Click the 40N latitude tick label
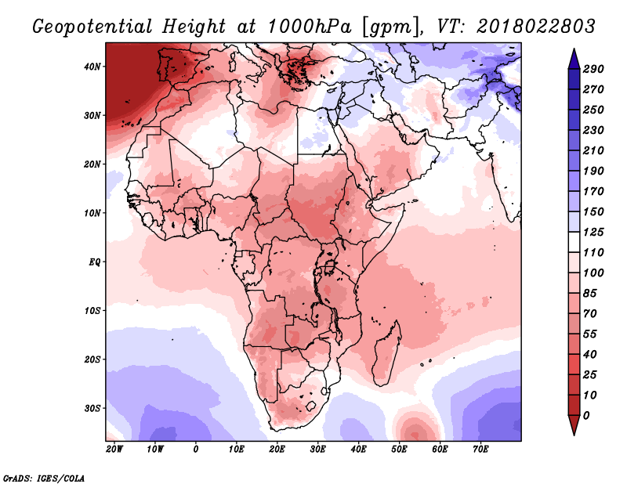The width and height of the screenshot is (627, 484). coord(92,67)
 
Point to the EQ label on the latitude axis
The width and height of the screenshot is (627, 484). coord(95,262)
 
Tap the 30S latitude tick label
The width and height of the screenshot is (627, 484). coord(92,408)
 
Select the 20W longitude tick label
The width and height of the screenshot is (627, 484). coord(114,450)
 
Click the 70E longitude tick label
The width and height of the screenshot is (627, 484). coord(480,450)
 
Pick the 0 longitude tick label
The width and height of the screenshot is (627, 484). coord(195,450)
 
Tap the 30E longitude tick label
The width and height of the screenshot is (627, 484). coord(317,450)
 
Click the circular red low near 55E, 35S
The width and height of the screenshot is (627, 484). coord(414,428)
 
